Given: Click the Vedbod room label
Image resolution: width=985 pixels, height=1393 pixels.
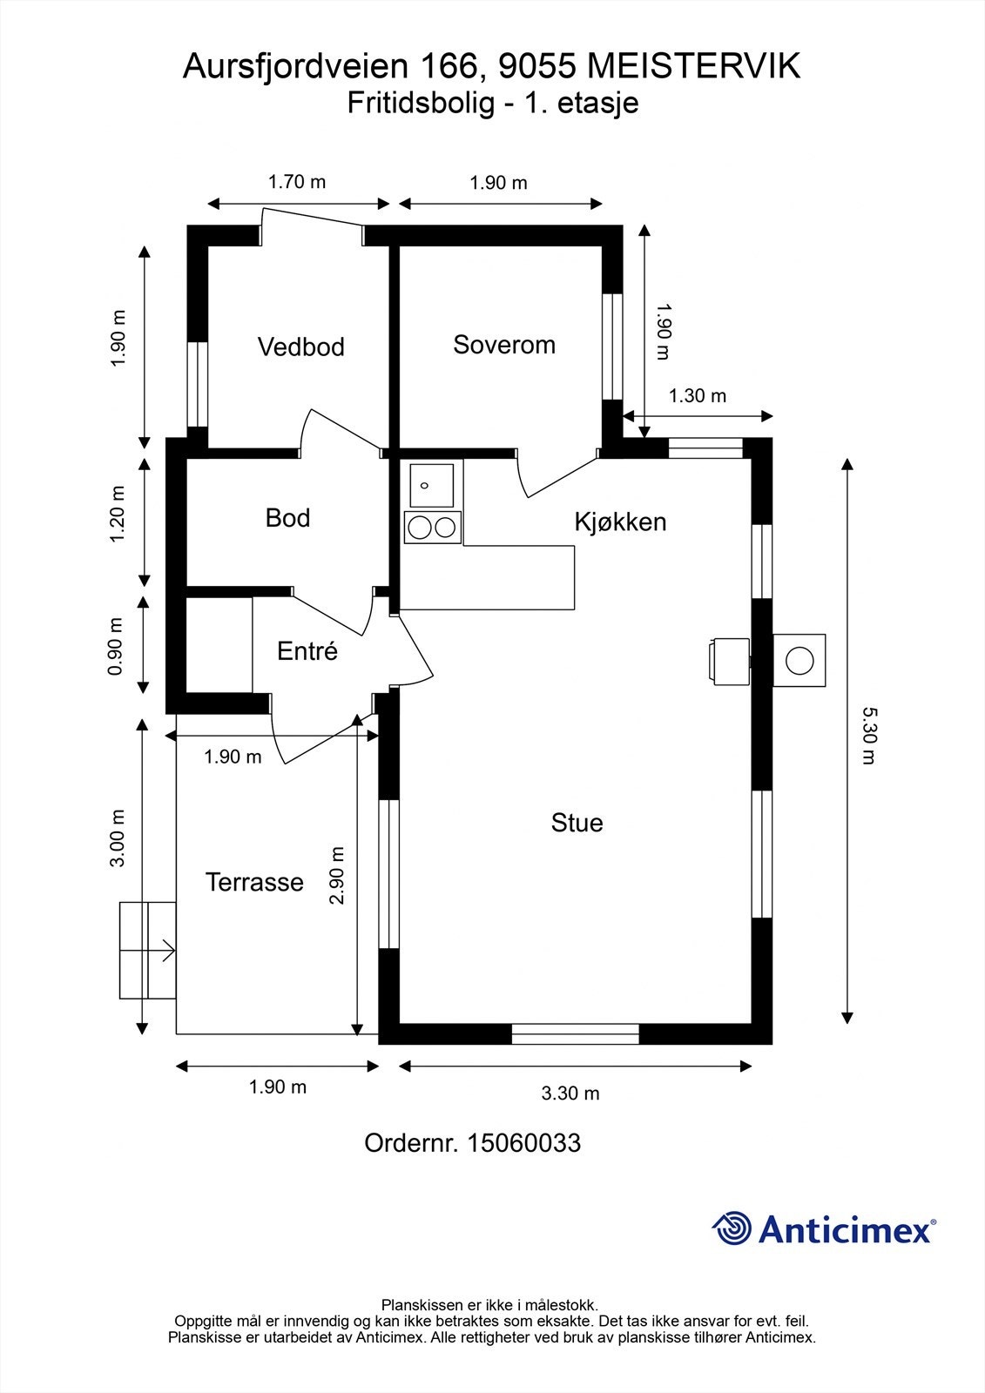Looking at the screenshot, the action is (301, 347).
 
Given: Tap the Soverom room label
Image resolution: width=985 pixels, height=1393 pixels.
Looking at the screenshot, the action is (504, 345).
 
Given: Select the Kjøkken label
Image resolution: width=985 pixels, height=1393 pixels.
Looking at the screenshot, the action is (620, 522).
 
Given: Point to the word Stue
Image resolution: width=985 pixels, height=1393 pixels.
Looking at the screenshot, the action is (577, 823).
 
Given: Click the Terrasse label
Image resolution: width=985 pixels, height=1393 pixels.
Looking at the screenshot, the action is (254, 882).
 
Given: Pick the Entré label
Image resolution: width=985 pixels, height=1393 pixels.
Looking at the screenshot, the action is (307, 651).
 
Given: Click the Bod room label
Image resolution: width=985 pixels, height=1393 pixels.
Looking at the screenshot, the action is (287, 518).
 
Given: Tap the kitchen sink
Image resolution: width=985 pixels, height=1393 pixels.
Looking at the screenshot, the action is (431, 485).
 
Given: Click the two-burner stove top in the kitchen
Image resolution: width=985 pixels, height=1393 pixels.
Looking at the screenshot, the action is (433, 528).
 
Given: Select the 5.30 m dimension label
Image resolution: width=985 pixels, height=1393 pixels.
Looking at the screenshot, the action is (869, 736).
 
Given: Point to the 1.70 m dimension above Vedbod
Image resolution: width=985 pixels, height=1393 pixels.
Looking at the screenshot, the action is (297, 182).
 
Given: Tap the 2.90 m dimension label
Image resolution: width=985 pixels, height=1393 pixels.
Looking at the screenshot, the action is (337, 876).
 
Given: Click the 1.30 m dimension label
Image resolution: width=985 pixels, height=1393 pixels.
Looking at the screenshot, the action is (698, 395).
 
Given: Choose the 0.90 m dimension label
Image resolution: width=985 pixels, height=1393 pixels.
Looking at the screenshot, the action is (117, 647).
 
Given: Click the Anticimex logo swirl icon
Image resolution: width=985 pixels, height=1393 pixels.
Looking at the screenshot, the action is (732, 1228).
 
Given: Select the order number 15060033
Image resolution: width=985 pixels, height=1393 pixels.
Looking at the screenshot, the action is (523, 1143).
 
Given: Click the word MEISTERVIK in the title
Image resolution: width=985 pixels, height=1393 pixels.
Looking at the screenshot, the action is (694, 66).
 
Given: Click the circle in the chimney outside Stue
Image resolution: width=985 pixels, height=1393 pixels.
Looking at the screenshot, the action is (799, 661).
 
